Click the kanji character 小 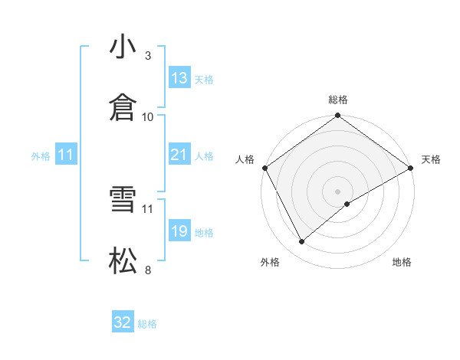[x=123, y=47]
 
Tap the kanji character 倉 [x=123, y=108]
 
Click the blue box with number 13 [x=179, y=77]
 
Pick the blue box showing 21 [x=179, y=155]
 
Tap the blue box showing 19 [x=179, y=231]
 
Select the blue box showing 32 [x=123, y=322]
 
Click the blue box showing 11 [x=66, y=155]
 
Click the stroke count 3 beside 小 [x=148, y=56]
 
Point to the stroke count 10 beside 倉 [x=148, y=116]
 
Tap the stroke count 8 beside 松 [x=148, y=270]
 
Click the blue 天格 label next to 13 [x=204, y=79]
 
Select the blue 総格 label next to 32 [x=147, y=324]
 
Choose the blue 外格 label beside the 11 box [x=41, y=156]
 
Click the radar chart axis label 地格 [x=402, y=263]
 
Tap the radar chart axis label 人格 [x=245, y=159]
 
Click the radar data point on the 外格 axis [x=302, y=242]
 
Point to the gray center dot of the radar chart [x=338, y=191]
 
